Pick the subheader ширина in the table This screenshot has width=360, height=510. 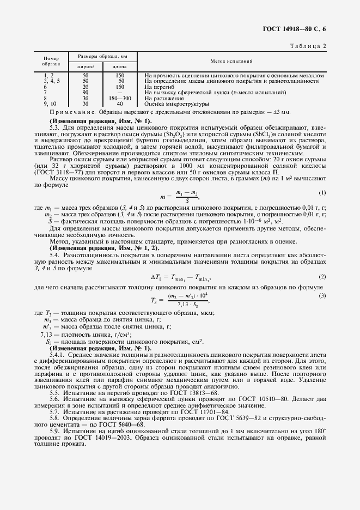point(86,66)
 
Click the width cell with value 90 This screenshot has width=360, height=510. point(86,92)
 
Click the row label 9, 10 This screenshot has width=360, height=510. point(50,104)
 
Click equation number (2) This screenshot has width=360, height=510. point(322,277)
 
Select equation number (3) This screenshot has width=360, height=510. point(322,295)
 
